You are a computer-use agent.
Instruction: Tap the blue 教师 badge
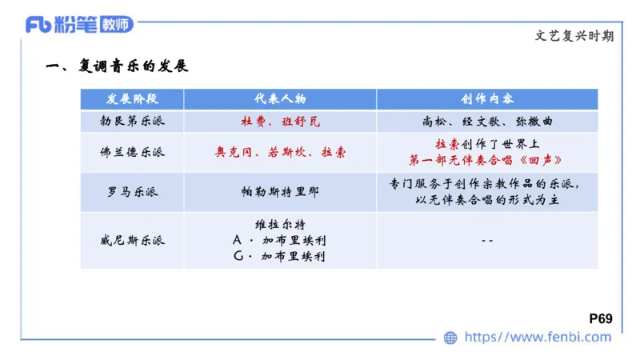116,25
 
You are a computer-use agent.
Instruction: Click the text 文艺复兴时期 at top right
574,36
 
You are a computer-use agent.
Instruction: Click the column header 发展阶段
132,99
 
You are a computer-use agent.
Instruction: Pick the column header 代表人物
280,99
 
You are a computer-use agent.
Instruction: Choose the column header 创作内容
486,99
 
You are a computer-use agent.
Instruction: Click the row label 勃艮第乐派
132,122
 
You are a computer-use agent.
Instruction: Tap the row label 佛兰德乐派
132,151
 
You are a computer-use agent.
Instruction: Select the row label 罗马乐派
132,192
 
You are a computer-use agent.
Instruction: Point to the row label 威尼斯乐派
132,240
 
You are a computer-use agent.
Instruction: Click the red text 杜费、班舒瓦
280,122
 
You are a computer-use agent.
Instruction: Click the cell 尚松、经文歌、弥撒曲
486,122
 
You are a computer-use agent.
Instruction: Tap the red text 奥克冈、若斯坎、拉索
280,151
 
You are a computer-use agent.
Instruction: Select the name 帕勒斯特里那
280,192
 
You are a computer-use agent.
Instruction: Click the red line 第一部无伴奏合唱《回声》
486,159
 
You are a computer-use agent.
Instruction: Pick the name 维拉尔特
280,224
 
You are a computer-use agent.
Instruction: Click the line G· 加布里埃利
280,256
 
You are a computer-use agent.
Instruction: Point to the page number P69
600,318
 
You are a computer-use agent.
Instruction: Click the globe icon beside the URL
450,338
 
